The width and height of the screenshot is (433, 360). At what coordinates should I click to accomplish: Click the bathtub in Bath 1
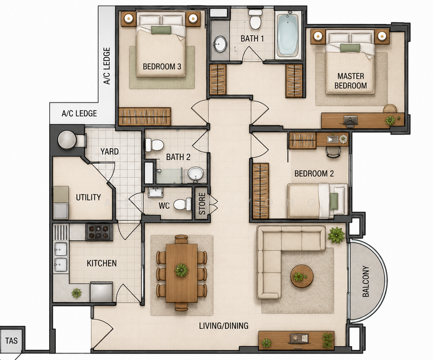point(287,34)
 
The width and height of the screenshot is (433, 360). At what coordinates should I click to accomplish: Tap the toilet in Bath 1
point(255,19)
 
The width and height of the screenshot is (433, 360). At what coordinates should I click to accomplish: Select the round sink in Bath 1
point(220,44)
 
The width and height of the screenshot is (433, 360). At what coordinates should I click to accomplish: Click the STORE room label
point(202,203)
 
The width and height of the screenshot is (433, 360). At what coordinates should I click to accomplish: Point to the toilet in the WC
point(182,205)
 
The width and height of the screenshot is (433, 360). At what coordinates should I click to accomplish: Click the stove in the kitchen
point(99,232)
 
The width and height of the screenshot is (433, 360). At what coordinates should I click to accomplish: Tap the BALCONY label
point(365,281)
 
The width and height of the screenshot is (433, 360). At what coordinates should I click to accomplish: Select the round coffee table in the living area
point(302,276)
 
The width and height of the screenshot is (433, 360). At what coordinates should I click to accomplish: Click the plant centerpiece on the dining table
point(182,270)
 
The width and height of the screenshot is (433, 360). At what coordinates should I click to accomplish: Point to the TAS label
point(11,341)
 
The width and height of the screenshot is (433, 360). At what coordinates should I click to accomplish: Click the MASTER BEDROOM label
point(351,80)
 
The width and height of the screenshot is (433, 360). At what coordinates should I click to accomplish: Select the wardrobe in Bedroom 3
point(145,116)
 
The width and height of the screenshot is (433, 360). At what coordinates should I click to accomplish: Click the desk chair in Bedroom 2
point(333,152)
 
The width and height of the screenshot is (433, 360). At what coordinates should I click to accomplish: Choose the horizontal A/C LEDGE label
point(79,113)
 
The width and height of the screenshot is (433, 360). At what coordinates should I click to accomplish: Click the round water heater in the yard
point(67,140)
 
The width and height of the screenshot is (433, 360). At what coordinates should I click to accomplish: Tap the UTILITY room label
point(88,197)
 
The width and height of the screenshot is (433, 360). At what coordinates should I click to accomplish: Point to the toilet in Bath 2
point(154,145)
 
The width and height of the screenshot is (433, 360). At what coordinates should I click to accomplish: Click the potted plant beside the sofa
point(336,235)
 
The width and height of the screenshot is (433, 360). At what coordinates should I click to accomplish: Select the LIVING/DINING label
point(224,326)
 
